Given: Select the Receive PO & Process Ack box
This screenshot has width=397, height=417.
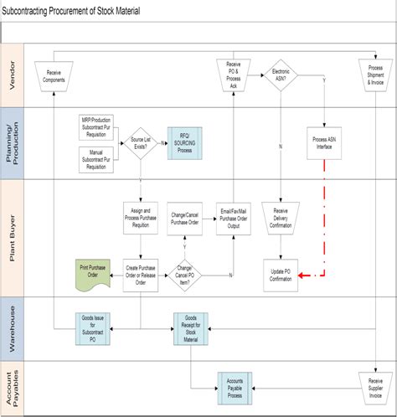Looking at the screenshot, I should [234, 75].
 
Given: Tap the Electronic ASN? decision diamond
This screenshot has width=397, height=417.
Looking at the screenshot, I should [282, 75].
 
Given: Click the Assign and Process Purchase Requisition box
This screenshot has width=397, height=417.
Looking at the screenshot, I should [140, 217].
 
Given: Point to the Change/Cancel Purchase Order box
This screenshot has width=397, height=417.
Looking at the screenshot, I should [187, 217].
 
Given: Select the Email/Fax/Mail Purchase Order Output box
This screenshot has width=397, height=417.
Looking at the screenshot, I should [234, 217].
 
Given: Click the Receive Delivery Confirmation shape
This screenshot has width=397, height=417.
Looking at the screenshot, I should [281, 217].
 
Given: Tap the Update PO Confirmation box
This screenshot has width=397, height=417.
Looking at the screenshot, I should [281, 274].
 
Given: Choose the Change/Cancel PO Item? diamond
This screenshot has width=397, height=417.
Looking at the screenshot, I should [186, 274].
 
